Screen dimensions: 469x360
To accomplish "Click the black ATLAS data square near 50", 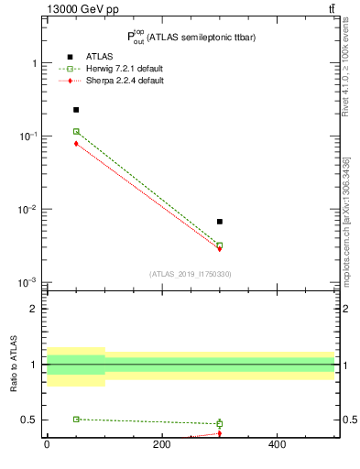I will [x=76, y=110].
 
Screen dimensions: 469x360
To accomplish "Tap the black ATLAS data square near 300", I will [x=220, y=222].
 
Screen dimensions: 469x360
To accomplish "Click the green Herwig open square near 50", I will [x=76, y=132].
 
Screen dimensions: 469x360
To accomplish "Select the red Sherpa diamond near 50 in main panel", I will [x=76, y=144].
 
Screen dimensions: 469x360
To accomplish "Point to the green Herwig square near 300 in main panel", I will [x=220, y=245].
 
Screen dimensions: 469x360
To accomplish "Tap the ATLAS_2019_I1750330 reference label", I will [x=190, y=274].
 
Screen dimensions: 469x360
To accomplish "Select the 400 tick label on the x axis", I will [x=277, y=445].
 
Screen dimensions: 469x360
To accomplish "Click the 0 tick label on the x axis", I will [x=47, y=445].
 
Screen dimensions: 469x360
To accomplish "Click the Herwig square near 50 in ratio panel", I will [x=76, y=420].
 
